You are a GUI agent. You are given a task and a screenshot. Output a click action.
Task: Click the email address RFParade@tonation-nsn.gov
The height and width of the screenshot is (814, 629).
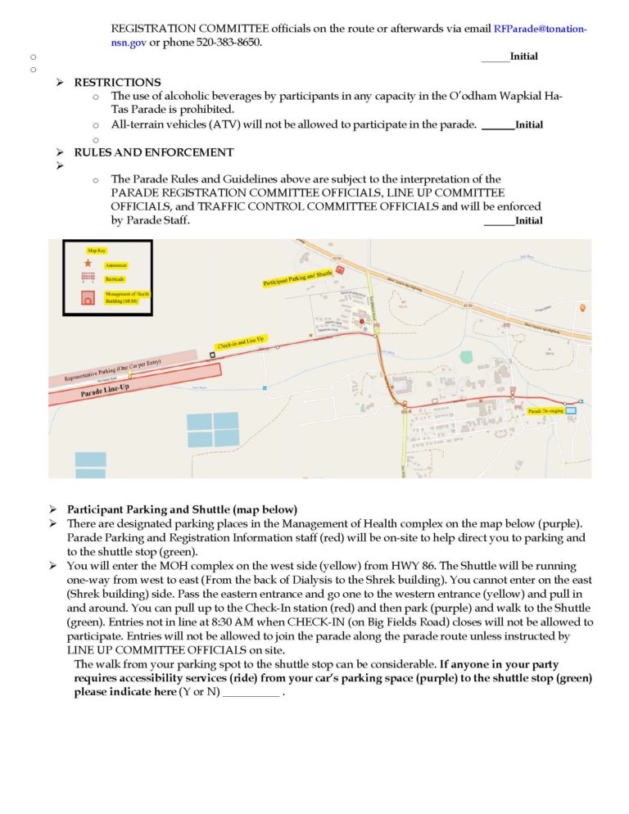pyautogui.click(x=540, y=28)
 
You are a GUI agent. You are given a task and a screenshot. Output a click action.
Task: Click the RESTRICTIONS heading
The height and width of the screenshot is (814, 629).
pyautogui.click(x=117, y=83)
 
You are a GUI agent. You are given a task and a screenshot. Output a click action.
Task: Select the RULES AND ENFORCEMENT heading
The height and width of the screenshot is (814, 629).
pyautogui.click(x=153, y=152)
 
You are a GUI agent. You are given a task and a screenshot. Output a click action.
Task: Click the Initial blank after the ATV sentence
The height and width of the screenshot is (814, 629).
pyautogui.click(x=497, y=126)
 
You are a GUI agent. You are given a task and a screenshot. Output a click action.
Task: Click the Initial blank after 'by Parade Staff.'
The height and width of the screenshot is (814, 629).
pyautogui.click(x=499, y=221)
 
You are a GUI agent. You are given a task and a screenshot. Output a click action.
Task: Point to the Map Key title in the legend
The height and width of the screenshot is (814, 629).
pyautogui.click(x=96, y=250)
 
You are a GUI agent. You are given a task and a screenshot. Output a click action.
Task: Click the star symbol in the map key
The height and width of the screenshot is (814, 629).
pyautogui.click(x=88, y=265)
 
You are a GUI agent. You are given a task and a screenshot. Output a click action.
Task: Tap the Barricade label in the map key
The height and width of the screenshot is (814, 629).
pyautogui.click(x=114, y=278)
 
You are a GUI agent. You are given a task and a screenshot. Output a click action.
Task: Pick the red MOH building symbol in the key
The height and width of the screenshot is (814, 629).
pyautogui.click(x=88, y=298)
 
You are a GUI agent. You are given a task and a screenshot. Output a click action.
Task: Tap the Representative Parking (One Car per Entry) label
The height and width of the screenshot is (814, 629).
pyautogui.click(x=115, y=371)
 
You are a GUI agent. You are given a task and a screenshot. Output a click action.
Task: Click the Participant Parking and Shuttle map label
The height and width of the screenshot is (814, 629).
pyautogui.click(x=298, y=278)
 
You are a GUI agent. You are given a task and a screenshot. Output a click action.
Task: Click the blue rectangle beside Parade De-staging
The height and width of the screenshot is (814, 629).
pyautogui.click(x=571, y=410)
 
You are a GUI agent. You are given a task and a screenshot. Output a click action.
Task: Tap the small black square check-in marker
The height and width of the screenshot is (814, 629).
pyautogui.click(x=212, y=355)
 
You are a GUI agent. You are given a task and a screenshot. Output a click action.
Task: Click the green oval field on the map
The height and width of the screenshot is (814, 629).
pyautogui.click(x=467, y=357)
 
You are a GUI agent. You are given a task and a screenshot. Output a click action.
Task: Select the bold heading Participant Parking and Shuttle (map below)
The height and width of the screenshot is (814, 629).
pyautogui.click(x=182, y=509)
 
